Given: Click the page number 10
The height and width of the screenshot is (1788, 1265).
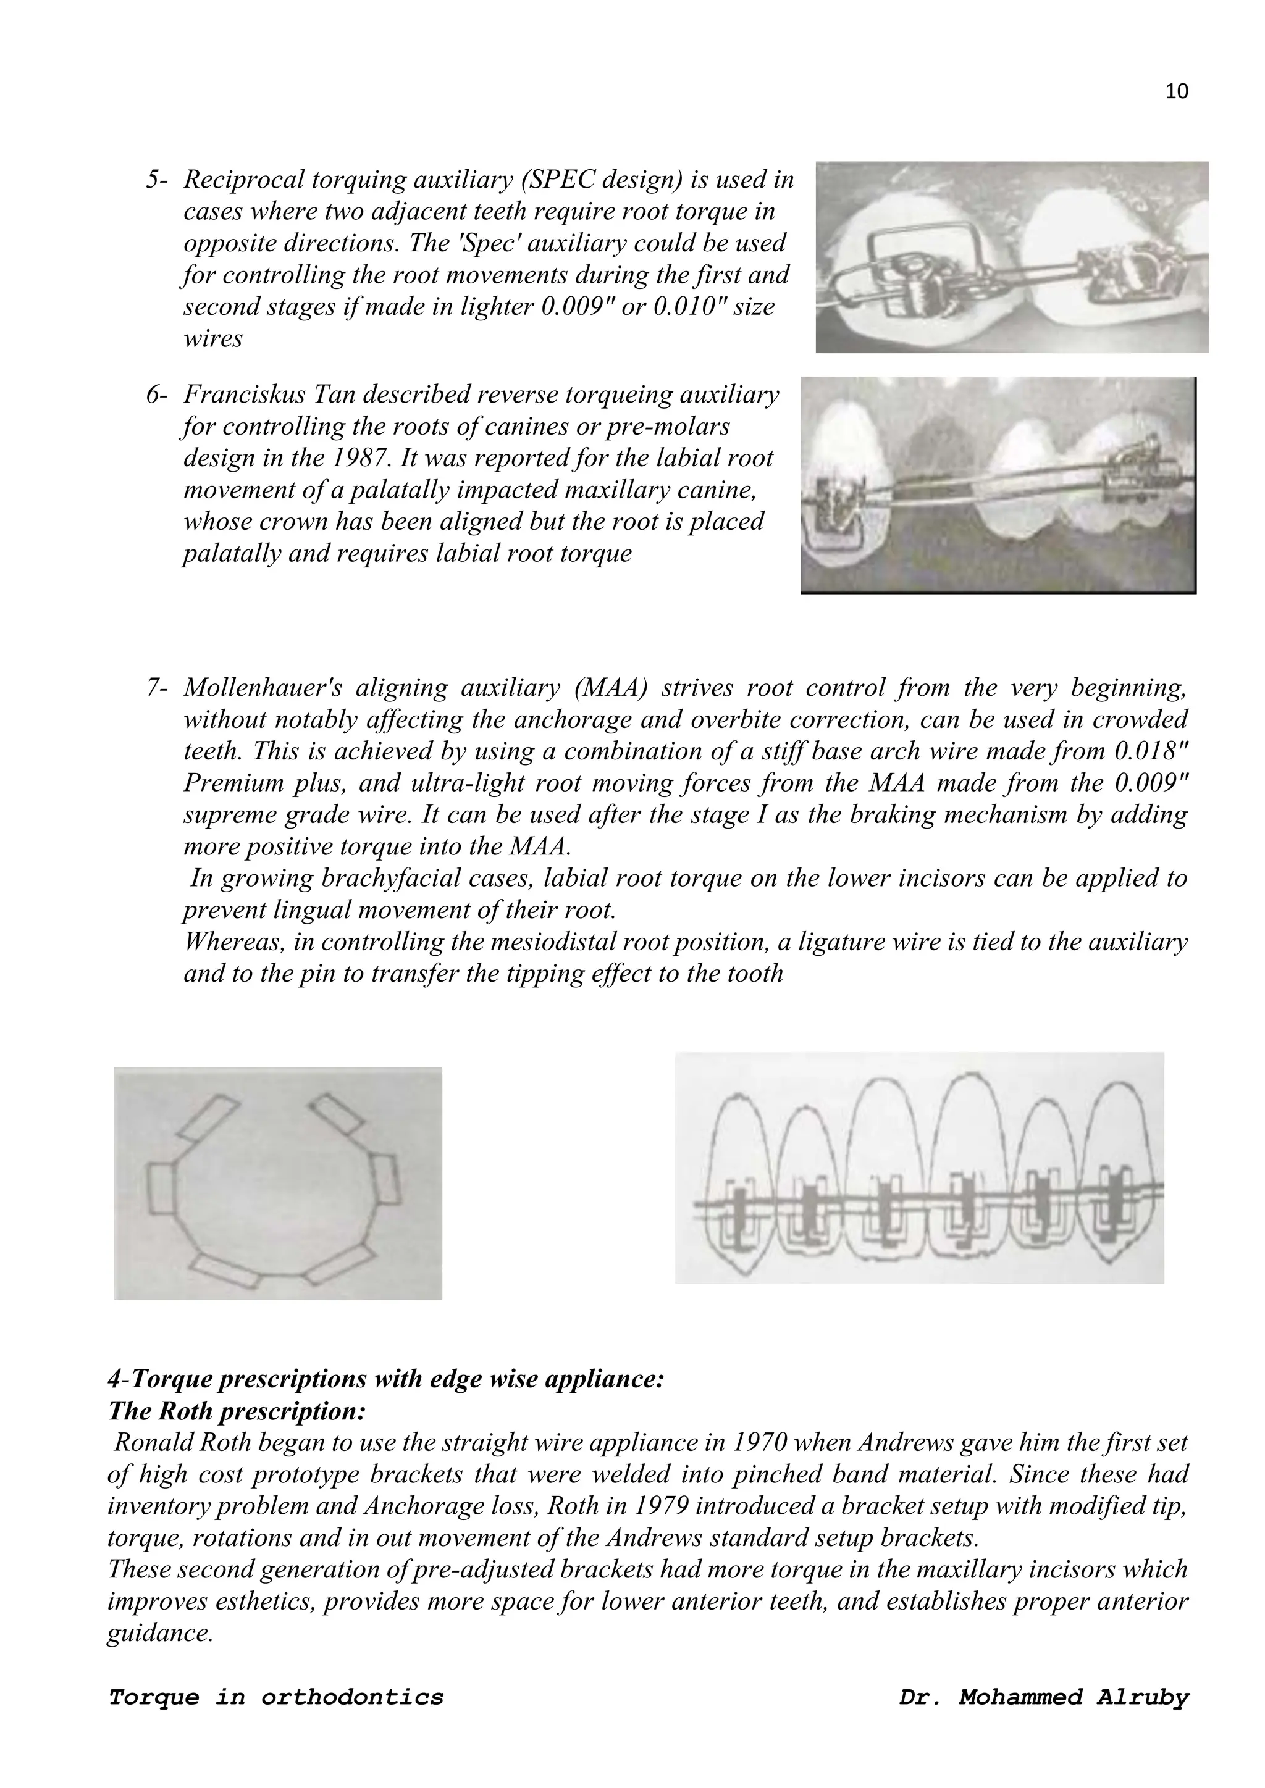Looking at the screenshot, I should click(x=1176, y=92).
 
